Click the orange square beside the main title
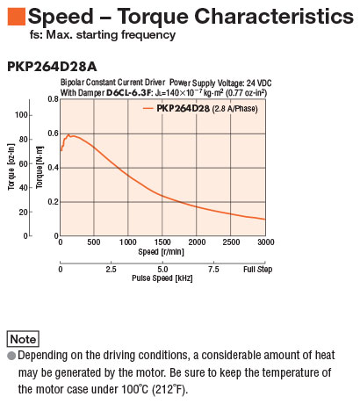tap(17, 17)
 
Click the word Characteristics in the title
tap(274, 16)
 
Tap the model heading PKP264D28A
tap(52, 67)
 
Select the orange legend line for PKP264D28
tap(148, 109)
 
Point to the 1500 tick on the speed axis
tap(162, 242)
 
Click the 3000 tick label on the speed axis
tap(266, 242)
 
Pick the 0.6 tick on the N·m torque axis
tap(54, 133)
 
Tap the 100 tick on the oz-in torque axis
tap(22, 115)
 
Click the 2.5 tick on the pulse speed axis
tap(111, 269)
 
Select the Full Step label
tap(257, 269)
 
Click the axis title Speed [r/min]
tap(161, 252)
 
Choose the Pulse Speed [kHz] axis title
tap(162, 278)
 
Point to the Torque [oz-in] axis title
tap(11, 167)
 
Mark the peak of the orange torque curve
tap(68, 134)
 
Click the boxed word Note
tap(23, 339)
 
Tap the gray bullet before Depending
tap(11, 356)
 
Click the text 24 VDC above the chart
tap(259, 83)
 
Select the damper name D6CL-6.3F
tap(129, 93)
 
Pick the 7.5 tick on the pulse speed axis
tap(213, 269)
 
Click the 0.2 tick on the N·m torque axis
tap(54, 202)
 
